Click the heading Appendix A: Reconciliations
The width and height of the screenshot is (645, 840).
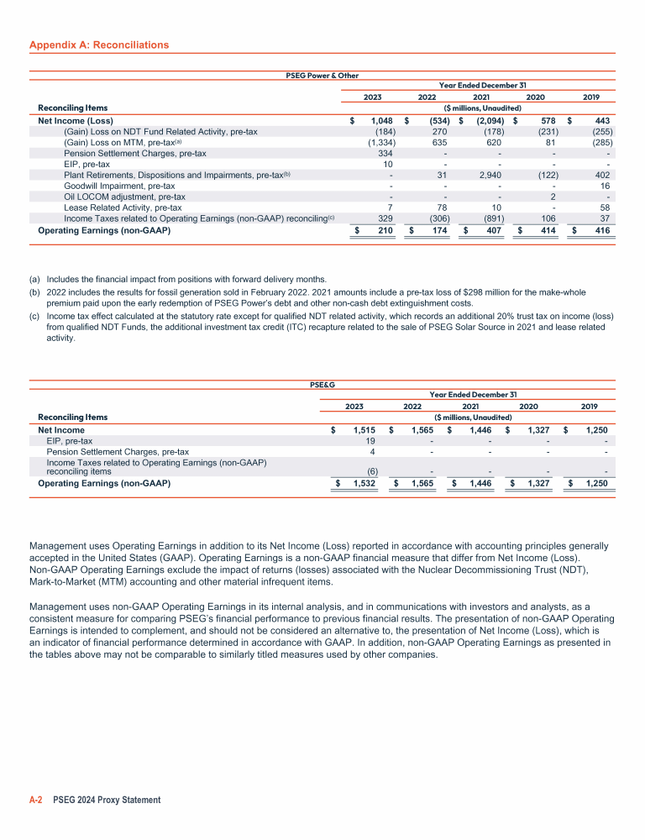[98, 45]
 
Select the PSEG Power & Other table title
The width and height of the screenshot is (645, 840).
[322, 76]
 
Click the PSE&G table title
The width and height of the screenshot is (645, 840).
[322, 385]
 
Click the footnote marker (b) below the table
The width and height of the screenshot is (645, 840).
[34, 293]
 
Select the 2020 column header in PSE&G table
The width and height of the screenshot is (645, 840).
[529, 406]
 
